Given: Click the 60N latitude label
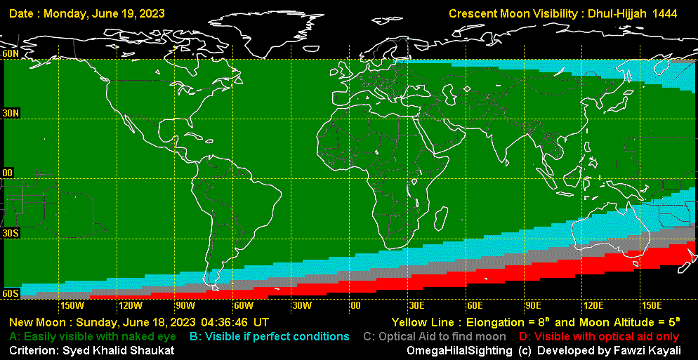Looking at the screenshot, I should coord(11,54).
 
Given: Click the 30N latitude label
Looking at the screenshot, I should coord(11,113).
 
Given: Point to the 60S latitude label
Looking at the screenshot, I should coord(11,293).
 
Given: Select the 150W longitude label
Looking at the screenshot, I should coord(72,305).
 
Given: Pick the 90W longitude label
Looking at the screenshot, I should coord(185,305).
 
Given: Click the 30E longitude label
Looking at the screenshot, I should coord(416,305).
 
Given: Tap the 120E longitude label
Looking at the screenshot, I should coord(593,305).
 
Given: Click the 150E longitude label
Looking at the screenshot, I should coord(652,305).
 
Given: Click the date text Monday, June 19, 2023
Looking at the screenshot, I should coord(110,14).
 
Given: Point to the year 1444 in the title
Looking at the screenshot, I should coord(664,14).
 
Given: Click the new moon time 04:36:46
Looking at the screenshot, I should coord(225,323).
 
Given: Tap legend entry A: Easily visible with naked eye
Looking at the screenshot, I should coord(92,337).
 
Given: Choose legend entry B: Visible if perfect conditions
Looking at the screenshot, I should coord(270,337).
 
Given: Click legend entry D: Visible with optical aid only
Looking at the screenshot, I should coord(600,337).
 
